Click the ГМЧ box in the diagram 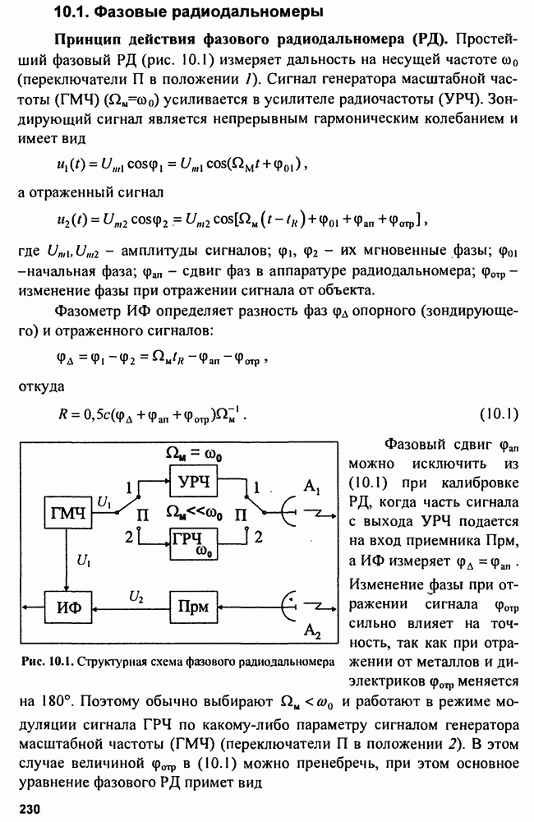[x=67, y=513]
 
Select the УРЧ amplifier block [x=194, y=480]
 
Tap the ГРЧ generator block [x=194, y=543]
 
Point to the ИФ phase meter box [x=68, y=607]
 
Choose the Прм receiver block [x=194, y=607]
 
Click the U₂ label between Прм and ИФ [x=136, y=597]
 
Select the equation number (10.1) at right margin [x=499, y=414]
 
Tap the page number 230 [x=30, y=808]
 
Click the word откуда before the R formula [x=41, y=387]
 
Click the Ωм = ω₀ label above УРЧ [x=193, y=454]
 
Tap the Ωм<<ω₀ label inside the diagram [x=194, y=513]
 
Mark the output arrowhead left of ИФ [x=26, y=607]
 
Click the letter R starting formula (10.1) [x=62, y=414]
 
